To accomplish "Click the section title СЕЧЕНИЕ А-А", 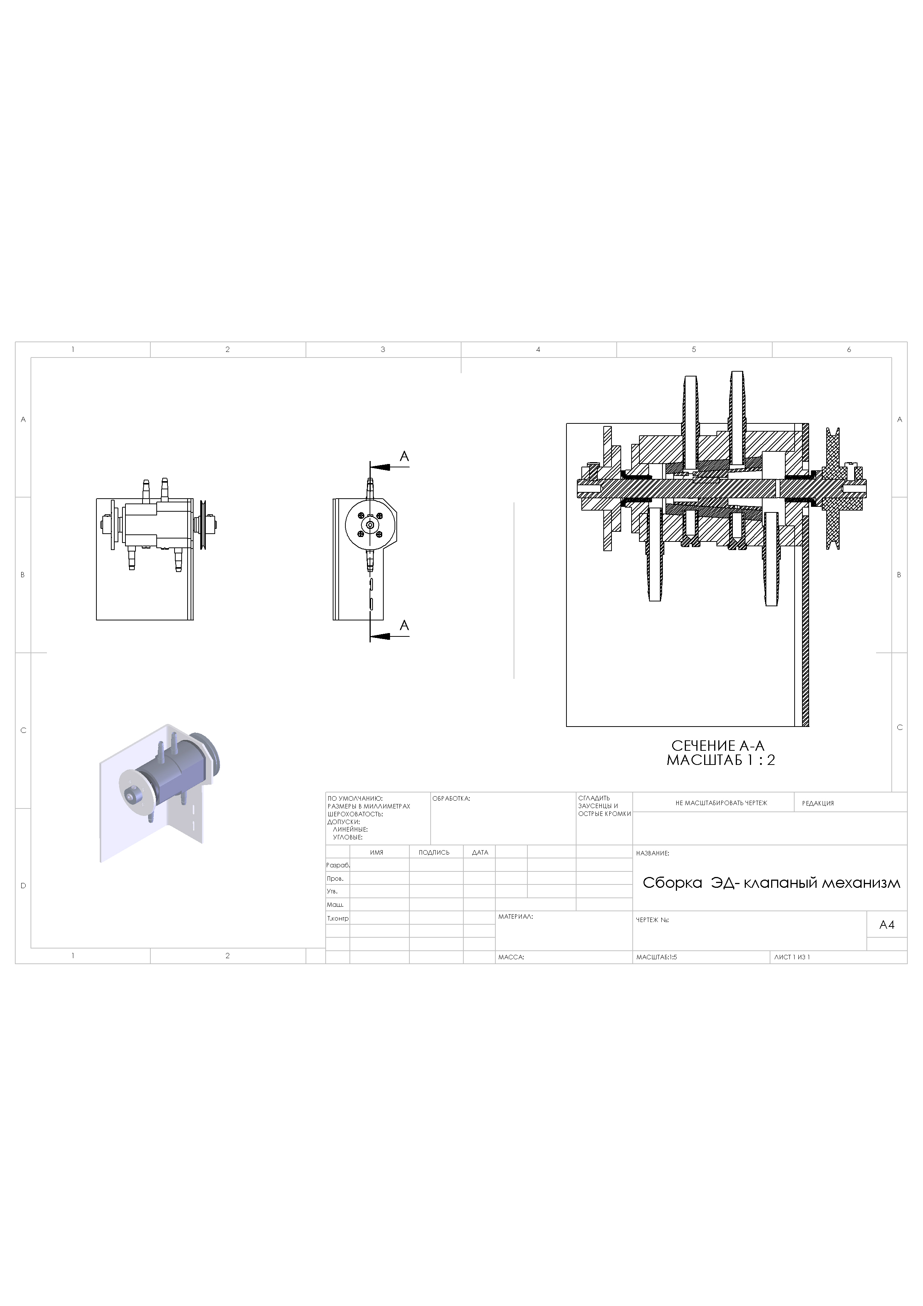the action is pos(718,746).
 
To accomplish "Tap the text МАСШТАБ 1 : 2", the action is pos(721,760).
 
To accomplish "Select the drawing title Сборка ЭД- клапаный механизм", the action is pos(771,883).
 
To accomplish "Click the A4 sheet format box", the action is pos(887,925).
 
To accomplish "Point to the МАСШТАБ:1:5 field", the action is pos(657,957).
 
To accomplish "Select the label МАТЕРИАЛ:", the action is pos(515,917).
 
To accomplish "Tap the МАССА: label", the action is pos(511,957).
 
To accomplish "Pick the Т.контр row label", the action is pos(338,918).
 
